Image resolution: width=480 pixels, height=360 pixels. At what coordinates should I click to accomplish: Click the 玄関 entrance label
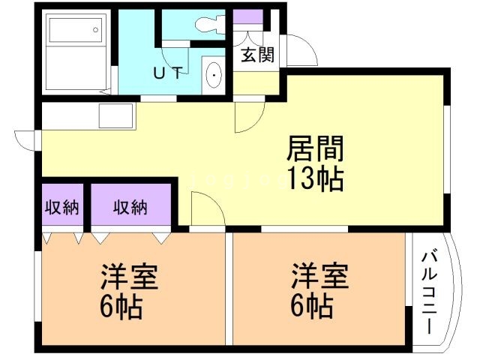click(256, 55)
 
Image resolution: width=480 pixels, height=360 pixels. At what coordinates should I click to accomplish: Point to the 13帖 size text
click(314, 179)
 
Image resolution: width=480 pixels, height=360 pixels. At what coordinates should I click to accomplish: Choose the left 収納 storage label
click(61, 208)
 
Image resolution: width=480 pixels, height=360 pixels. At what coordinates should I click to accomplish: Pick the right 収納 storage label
click(130, 208)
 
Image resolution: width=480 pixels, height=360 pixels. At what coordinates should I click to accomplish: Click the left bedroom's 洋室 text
click(129, 278)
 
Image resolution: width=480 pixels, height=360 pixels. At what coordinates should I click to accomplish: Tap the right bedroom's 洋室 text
click(320, 278)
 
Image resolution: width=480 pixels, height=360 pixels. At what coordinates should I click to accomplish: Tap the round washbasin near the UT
click(215, 76)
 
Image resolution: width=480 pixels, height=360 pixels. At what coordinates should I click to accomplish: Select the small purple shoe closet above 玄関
click(247, 16)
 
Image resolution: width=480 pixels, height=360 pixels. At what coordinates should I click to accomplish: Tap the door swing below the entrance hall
click(249, 116)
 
